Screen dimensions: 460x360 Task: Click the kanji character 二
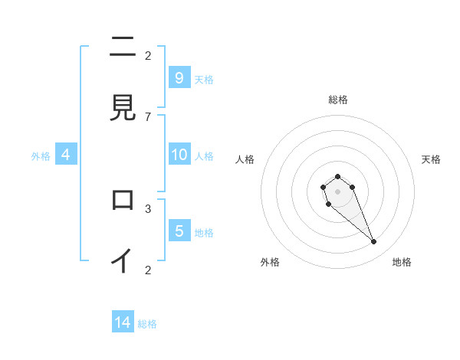tap(123, 47)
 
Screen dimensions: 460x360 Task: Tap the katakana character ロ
tap(123, 200)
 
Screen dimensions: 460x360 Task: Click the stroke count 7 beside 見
tap(148, 116)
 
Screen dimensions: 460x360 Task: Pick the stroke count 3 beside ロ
tap(148, 208)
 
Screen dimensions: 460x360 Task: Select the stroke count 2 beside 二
tap(148, 55)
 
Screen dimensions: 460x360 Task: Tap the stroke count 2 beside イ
tap(148, 269)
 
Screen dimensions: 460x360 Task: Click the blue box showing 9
tap(179, 78)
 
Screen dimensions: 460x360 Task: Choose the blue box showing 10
tap(179, 155)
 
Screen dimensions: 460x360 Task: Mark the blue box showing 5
tap(179, 231)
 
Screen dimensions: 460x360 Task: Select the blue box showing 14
tap(123, 323)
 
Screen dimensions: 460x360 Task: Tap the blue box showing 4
tap(66, 155)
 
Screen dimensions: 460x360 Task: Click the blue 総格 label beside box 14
tap(147, 324)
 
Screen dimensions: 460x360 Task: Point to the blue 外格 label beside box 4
tap(41, 155)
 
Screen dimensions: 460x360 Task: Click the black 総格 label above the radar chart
tap(337, 100)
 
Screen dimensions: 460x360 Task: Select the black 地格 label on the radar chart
tap(402, 262)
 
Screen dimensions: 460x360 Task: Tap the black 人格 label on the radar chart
tap(245, 159)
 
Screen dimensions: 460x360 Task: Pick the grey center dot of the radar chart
tap(337, 191)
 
